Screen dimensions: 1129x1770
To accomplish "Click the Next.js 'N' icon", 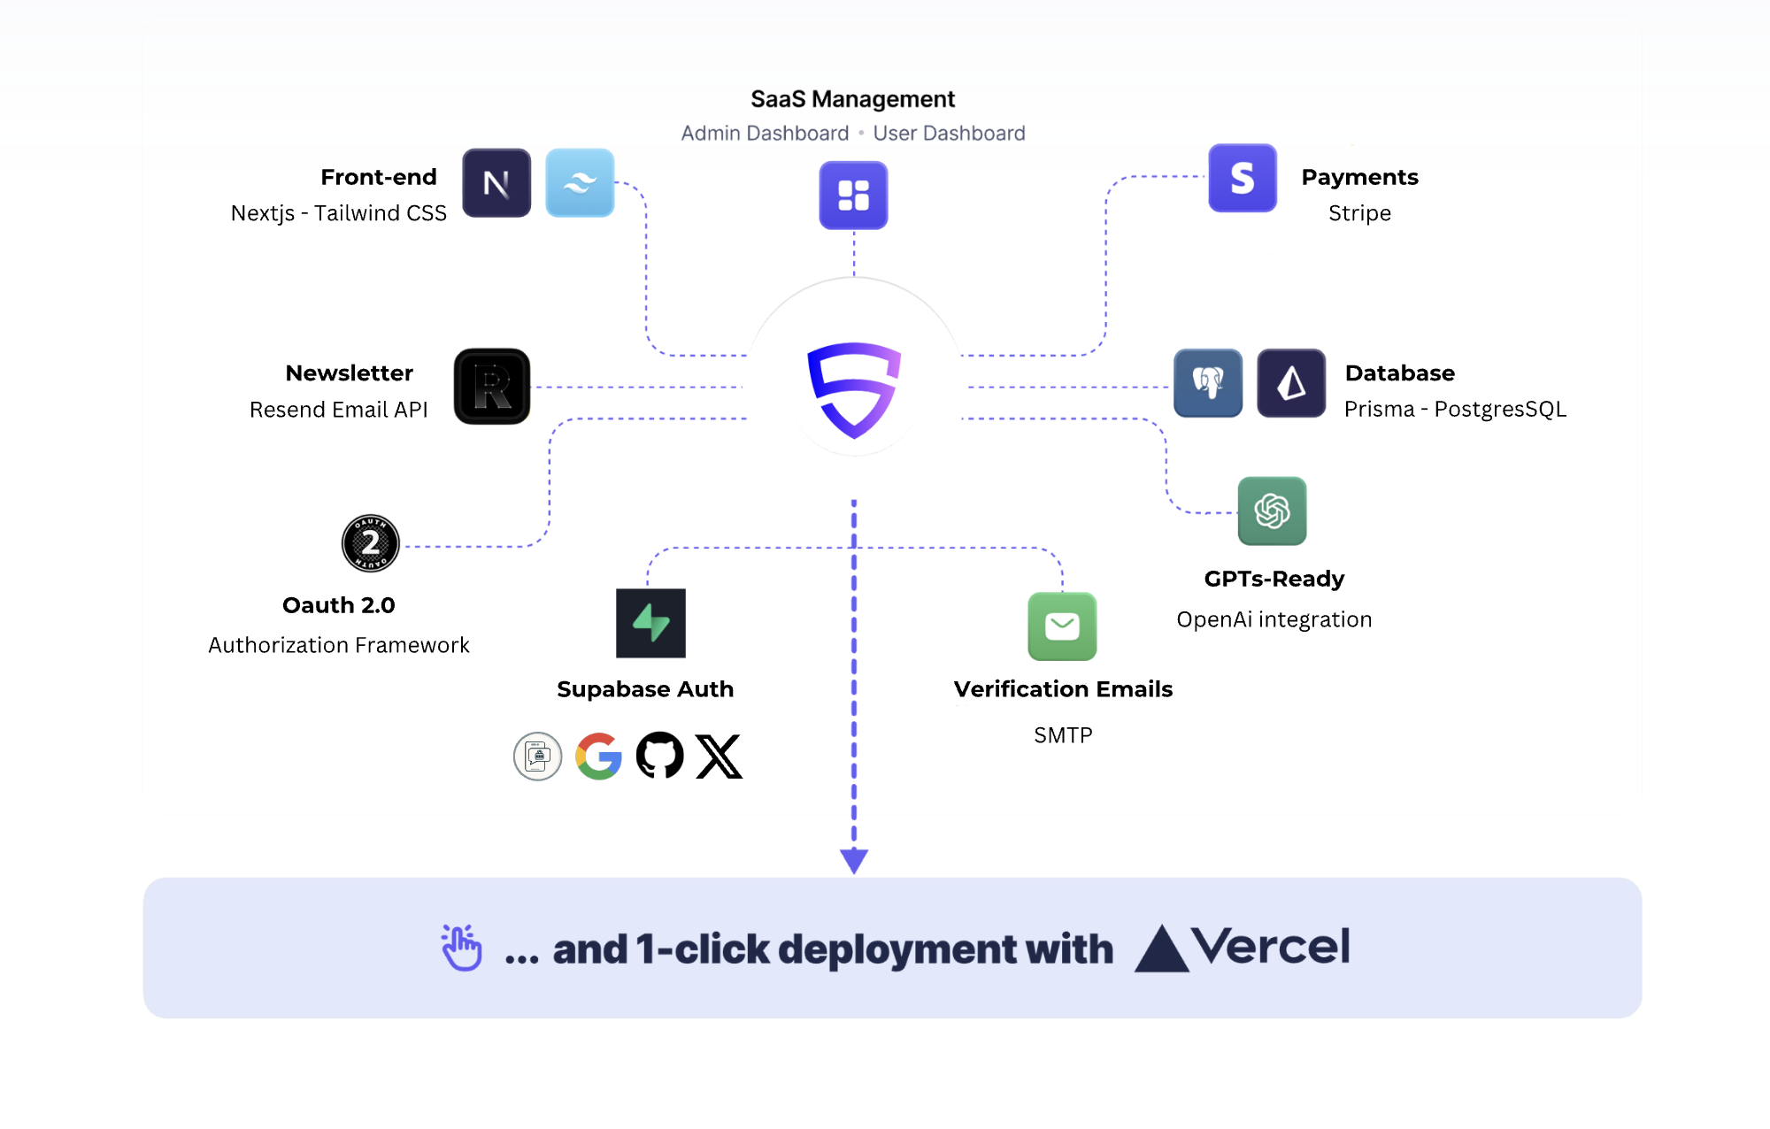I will coord(496,183).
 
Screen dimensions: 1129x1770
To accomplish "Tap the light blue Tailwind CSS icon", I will coord(580,183).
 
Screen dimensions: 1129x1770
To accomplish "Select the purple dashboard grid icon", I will coord(853,196).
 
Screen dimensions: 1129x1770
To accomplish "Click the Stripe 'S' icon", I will coord(1243,178).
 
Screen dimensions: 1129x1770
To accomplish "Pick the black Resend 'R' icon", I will coord(492,387).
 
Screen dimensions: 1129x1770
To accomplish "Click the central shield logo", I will coord(854,389).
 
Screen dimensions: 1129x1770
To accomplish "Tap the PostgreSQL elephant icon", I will coord(1208,383).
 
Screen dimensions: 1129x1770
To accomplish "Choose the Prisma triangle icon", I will coord(1291,383).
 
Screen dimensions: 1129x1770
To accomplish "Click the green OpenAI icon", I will coord(1272,511).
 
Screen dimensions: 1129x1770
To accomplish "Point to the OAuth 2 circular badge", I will coord(371,543).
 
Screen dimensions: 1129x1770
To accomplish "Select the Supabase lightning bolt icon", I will coord(650,623).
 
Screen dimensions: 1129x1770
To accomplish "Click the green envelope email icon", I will coord(1062,626).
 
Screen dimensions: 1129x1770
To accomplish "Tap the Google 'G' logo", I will coord(598,756).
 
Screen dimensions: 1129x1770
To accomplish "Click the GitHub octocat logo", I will coord(659,756).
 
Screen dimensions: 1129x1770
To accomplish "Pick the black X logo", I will coord(719,757).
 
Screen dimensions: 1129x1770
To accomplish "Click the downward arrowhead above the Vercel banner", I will coord(854,859).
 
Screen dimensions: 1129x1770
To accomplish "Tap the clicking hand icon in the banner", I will coord(462,948).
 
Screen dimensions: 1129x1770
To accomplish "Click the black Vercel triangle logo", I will coord(1161,949).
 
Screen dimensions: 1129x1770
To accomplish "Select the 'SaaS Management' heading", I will coord(852,99).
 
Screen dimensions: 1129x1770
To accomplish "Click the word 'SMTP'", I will coord(1063,735).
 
